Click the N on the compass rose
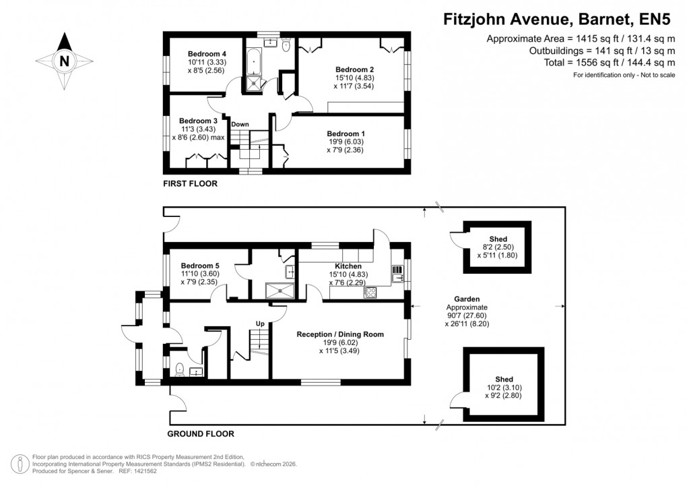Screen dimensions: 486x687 (x=64, y=61)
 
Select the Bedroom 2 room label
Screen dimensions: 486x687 (x=354, y=69)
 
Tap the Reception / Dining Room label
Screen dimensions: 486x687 (x=340, y=334)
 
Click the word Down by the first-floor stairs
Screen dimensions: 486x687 (x=240, y=125)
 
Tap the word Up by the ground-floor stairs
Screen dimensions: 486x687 (x=260, y=324)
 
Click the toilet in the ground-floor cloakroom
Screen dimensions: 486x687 (x=179, y=369)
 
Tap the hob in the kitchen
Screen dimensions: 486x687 (x=370, y=293)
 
